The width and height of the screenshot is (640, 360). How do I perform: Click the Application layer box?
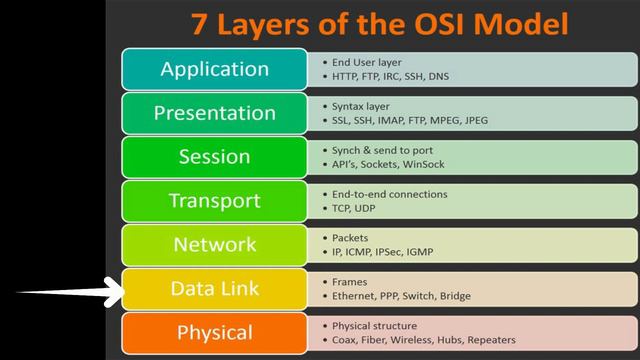click(x=214, y=69)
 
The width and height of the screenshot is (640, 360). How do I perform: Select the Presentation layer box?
click(x=214, y=113)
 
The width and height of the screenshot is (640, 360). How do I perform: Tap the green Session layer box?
click(x=214, y=157)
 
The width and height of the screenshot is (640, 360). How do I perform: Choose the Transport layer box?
click(x=214, y=201)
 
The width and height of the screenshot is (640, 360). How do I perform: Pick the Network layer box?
click(x=214, y=245)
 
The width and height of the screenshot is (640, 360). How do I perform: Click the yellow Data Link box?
click(x=214, y=289)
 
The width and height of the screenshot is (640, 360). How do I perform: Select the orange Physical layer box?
click(x=214, y=333)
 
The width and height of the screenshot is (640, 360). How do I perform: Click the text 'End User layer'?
click(x=366, y=62)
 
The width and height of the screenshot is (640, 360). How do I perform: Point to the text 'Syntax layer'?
click(x=361, y=106)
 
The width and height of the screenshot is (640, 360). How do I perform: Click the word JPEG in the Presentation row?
click(x=504, y=120)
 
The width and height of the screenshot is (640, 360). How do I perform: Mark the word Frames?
click(x=350, y=282)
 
